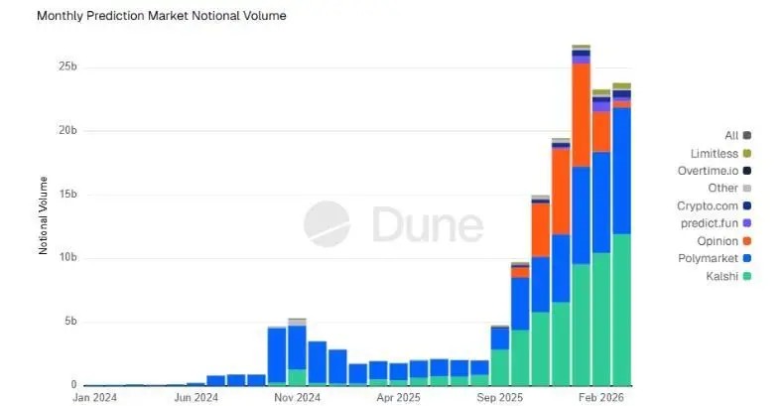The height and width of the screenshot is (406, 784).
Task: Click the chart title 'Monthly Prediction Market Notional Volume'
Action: pyautogui.click(x=162, y=16)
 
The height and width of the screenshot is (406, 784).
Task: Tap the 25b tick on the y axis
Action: pyautogui.click(x=67, y=67)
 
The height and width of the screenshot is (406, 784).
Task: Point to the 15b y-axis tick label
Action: pyautogui.click(x=67, y=194)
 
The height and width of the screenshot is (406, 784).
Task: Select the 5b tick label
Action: pyautogui.click(x=70, y=321)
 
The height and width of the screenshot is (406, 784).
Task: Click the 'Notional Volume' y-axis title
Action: pyautogui.click(x=43, y=215)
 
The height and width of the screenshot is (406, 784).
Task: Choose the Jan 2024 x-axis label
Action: pyautogui.click(x=94, y=398)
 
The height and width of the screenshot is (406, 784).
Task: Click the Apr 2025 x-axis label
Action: pyautogui.click(x=398, y=398)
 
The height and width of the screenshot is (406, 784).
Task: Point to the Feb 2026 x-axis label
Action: pyautogui.click(x=602, y=398)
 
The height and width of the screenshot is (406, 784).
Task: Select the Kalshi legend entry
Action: pyautogui.click(x=728, y=276)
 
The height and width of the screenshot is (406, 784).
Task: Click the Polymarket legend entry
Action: pyautogui.click(x=715, y=258)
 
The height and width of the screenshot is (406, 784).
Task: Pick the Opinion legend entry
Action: pyautogui.click(x=724, y=241)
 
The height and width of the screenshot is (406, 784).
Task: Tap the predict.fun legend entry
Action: pyautogui.click(x=716, y=223)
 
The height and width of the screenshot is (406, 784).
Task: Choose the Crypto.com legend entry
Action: pyautogui.click(x=714, y=205)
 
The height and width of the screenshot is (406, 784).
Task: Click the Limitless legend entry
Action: pyautogui.click(x=720, y=153)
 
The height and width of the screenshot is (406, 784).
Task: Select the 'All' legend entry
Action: pyautogui.click(x=737, y=135)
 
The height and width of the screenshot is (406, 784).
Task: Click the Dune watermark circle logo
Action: pyautogui.click(x=327, y=223)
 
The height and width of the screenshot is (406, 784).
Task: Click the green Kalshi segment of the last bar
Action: pyautogui.click(x=621, y=310)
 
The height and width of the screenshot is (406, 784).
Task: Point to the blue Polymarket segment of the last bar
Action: pyautogui.click(x=621, y=171)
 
